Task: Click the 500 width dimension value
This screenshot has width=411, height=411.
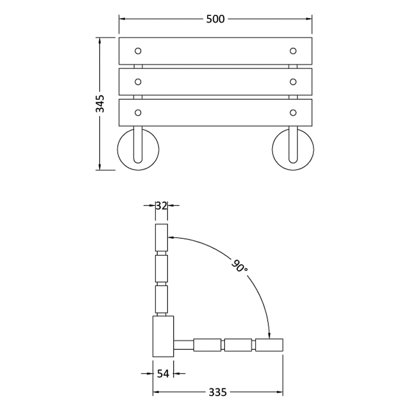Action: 215,19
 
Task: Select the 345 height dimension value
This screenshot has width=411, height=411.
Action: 100,104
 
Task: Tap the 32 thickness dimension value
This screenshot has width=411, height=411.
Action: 161,206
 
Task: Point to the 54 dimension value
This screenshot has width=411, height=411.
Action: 163,373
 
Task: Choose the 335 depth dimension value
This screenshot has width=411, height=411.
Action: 217,393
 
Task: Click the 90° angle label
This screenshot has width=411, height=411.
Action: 239,265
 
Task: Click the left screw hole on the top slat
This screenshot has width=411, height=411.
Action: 138,51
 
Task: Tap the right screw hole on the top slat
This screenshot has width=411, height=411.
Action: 293,51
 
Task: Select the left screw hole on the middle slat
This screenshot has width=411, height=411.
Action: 138,82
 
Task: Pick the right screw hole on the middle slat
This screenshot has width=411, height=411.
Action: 293,82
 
